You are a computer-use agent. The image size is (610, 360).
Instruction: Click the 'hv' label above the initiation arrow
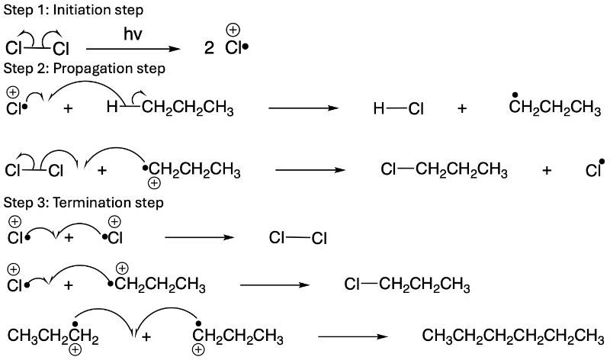[x=133, y=34]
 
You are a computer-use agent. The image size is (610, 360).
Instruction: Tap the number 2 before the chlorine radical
[x=209, y=48]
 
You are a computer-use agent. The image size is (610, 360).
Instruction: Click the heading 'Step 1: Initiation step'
[x=73, y=10]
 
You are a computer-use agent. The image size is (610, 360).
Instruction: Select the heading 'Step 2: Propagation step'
[x=85, y=69]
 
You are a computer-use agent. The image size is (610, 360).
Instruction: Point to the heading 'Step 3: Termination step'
[x=84, y=203]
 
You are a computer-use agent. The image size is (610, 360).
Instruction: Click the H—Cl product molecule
[x=398, y=108]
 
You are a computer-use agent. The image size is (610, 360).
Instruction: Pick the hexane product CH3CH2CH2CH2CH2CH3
[x=513, y=336]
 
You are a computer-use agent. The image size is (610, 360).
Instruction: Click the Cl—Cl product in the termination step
[x=298, y=238]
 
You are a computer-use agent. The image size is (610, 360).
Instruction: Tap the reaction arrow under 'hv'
[x=133, y=49]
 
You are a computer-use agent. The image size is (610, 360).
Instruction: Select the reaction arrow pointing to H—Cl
[x=303, y=108]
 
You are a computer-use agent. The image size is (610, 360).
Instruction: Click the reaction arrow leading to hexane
[x=353, y=336]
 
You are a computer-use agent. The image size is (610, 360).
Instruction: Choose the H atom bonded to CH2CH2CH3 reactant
[x=112, y=107]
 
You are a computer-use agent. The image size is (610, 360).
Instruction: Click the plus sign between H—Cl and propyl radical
[x=462, y=108]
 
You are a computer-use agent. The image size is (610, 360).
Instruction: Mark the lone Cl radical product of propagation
[x=595, y=169]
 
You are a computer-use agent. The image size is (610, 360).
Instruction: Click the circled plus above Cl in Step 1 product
[x=233, y=30]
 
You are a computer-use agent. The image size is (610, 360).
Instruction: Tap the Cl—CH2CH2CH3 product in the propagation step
[x=444, y=170]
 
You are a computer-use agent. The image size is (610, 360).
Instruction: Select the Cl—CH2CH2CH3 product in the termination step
[x=407, y=285]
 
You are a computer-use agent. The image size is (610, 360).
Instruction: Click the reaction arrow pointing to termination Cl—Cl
[x=200, y=237]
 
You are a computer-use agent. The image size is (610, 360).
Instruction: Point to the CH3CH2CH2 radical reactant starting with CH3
[x=53, y=336]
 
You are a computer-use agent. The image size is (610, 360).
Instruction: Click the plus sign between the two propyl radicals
[x=146, y=336]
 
